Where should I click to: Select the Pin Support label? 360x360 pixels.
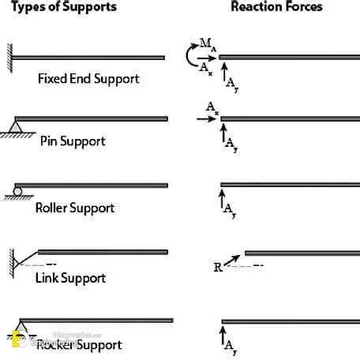[x=73, y=141]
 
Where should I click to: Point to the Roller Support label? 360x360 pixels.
[x=75, y=208]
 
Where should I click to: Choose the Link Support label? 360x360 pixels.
[x=70, y=278]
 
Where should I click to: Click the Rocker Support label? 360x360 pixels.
[x=79, y=345]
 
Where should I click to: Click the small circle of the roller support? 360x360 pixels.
[x=17, y=190]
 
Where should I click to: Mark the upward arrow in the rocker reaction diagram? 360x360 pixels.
[x=222, y=335]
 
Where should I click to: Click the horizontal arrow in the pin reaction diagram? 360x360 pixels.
[x=206, y=118]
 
